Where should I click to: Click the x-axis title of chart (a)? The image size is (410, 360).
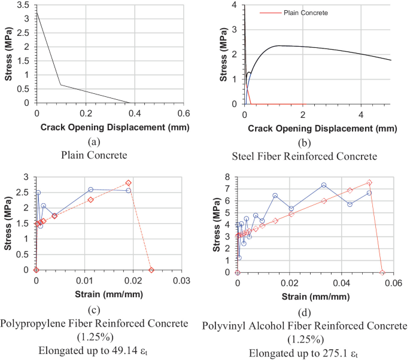point(111,127)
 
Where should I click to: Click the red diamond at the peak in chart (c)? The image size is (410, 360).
point(129,183)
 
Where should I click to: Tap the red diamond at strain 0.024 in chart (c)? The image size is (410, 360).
point(151,270)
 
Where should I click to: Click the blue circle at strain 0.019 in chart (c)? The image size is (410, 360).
point(128,191)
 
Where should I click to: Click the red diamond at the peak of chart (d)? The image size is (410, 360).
point(369,183)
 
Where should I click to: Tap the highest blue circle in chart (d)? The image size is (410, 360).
point(324,185)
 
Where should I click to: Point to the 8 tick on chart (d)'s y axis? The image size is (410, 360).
point(230,177)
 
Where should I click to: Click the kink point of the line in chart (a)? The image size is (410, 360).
point(60,84)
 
